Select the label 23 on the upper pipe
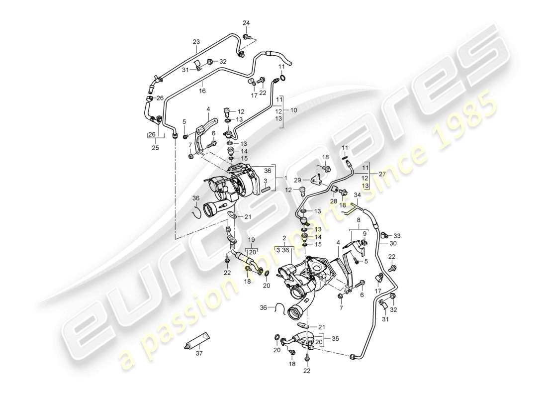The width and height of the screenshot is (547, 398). point(196,42)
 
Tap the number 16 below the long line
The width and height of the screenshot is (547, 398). point(202,91)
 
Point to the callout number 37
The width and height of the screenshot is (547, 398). point(200,354)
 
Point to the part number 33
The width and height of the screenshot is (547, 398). point(396,235)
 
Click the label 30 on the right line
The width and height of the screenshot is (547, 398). point(393,244)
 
